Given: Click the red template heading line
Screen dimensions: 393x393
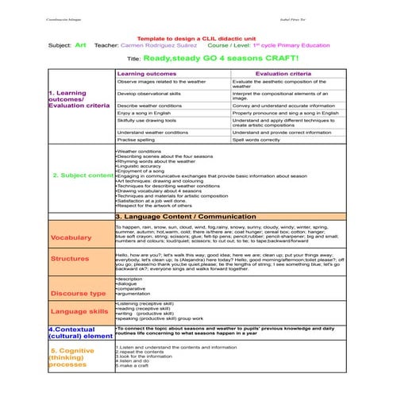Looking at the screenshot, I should click(195, 38).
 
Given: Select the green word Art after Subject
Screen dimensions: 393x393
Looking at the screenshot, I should click(80, 46).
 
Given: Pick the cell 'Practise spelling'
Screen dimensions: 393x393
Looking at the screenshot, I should click(136, 140).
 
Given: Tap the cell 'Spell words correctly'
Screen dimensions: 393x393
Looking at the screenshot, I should click(256, 140).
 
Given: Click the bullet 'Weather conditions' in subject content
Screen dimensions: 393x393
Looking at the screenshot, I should click(140, 150).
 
